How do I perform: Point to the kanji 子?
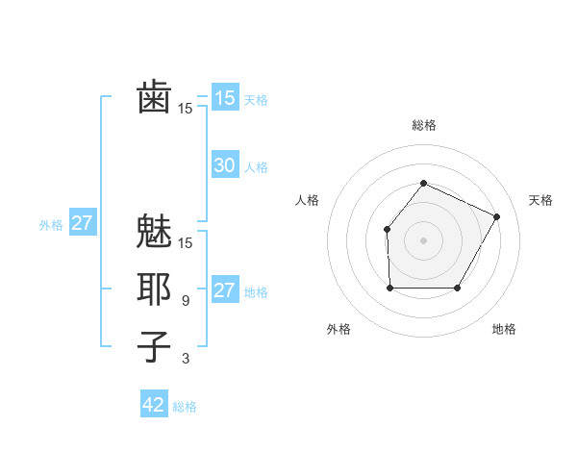click(x=154, y=346)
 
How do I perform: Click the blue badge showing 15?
click(x=225, y=98)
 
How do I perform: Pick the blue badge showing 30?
click(x=225, y=165)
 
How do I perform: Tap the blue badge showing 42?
click(x=154, y=405)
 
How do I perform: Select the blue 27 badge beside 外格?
click(x=83, y=224)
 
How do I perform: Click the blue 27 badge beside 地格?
click(x=225, y=291)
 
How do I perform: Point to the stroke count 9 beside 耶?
click(x=185, y=301)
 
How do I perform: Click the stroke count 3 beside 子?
click(x=185, y=359)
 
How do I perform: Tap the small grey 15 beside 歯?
click(x=186, y=109)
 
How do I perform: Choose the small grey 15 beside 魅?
click(x=186, y=243)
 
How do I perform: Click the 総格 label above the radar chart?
click(x=424, y=125)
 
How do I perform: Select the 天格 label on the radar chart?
click(x=540, y=200)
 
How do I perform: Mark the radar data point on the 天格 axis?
click(x=497, y=216)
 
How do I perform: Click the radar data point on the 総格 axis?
click(x=423, y=184)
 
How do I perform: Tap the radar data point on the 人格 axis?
click(x=387, y=229)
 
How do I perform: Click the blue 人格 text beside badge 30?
click(x=256, y=167)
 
